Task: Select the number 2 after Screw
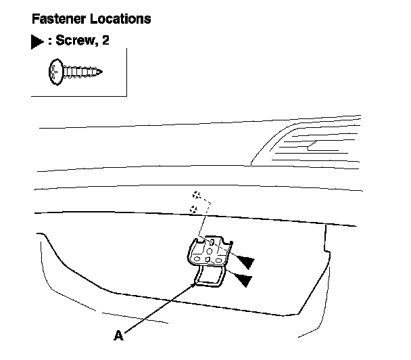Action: (105, 41)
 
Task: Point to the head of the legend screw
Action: (55, 70)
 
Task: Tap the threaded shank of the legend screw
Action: (81, 70)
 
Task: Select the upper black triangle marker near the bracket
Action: (246, 261)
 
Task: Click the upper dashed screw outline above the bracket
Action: (197, 195)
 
